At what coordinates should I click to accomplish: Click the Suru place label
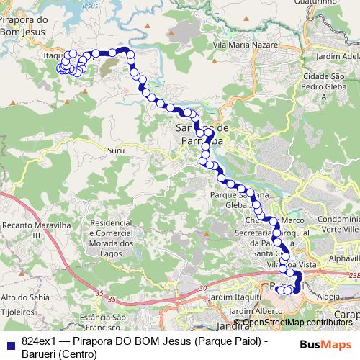[x=114, y=150]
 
